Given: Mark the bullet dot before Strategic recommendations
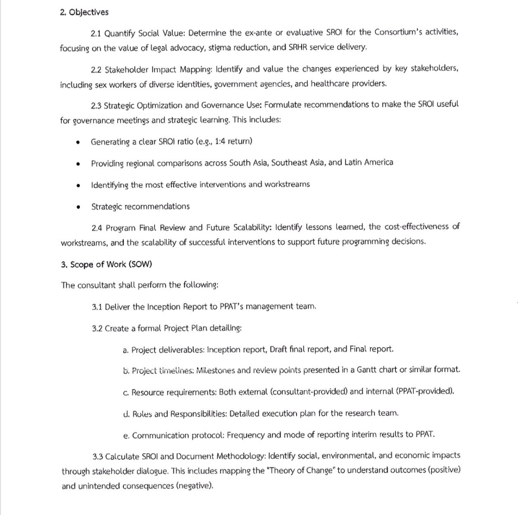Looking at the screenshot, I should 78,207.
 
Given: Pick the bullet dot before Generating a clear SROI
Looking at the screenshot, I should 78,142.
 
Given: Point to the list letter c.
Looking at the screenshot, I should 126,393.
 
